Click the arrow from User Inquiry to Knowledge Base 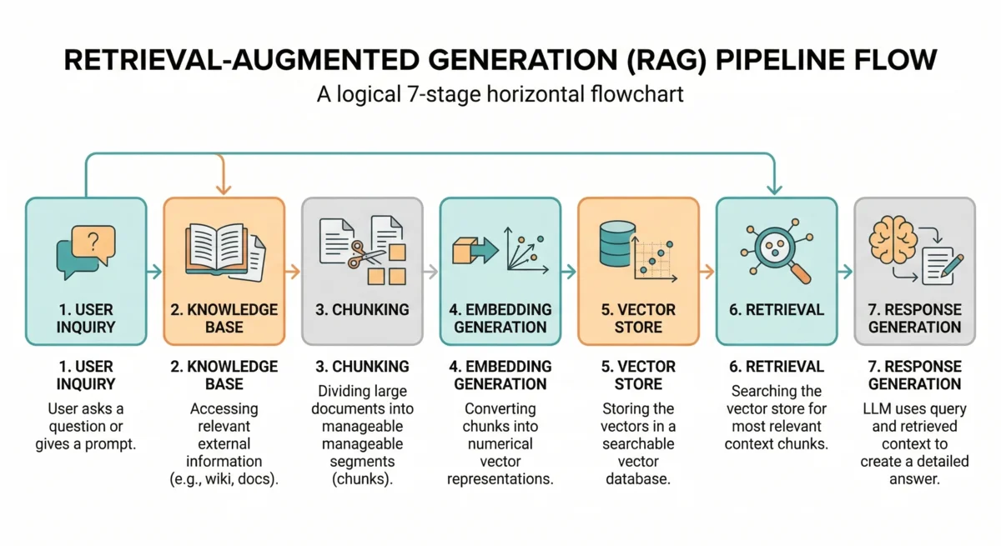coord(153,271)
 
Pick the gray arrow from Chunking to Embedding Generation coord(430,271)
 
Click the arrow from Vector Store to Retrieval coord(707,271)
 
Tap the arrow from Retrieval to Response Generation coord(845,271)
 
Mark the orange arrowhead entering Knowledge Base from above coord(220,188)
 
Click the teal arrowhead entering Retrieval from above coord(775,188)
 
